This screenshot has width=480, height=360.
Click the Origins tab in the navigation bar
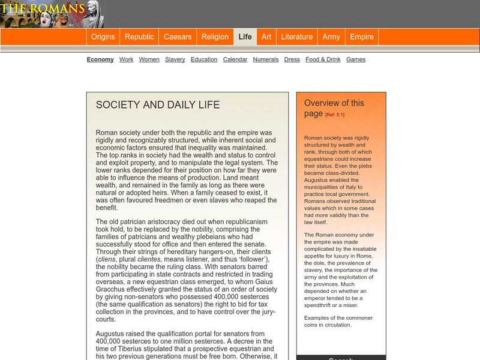tap(103, 37)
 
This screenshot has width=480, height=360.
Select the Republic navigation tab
tap(139, 37)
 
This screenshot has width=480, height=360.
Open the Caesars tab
tap(178, 37)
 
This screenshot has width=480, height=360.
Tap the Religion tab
tap(215, 37)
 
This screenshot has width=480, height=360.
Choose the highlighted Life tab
tap(245, 37)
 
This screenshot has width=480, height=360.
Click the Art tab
tap(266, 37)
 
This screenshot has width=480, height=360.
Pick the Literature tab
tap(297, 37)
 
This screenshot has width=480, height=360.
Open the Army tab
tap(331, 37)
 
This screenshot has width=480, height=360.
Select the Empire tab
tap(362, 37)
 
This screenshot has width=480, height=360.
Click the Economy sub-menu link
tap(100, 59)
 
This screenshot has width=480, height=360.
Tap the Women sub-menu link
tap(149, 59)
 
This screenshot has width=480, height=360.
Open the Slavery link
tap(175, 59)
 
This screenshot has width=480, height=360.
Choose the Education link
tap(204, 59)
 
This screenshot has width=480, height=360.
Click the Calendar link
tap(235, 59)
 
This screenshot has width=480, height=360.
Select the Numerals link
tap(266, 59)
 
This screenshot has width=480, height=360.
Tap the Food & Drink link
tap(323, 59)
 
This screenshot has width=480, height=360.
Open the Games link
tap(356, 59)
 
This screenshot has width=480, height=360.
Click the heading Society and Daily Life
tap(158, 105)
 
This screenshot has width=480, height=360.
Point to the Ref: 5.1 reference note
tap(335, 115)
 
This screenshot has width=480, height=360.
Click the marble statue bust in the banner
tap(94, 14)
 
